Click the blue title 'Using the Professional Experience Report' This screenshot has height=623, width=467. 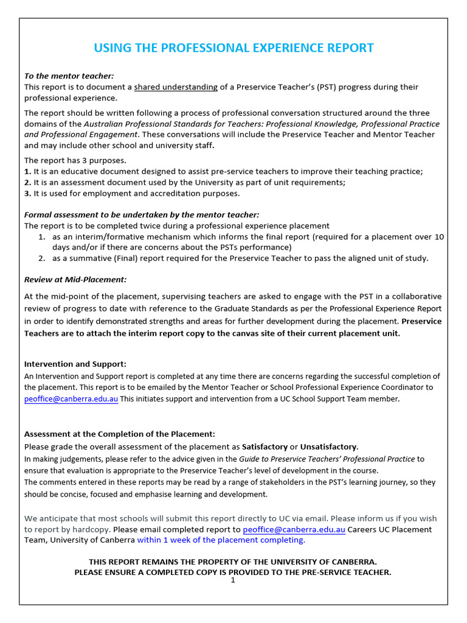point(233,48)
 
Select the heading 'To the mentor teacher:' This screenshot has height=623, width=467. point(69,76)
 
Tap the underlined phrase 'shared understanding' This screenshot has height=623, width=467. point(176,87)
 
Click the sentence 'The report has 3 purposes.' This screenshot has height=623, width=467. point(75,161)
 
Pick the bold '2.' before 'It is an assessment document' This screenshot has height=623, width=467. point(27,183)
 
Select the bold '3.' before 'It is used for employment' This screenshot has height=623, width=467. point(27,193)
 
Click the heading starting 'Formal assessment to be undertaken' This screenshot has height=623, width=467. point(142,214)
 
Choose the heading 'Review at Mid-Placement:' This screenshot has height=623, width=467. point(75,280)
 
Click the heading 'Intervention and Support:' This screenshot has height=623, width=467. point(75,364)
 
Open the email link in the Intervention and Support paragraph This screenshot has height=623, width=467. point(71,399)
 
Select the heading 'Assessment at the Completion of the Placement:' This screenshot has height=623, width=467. point(119,434)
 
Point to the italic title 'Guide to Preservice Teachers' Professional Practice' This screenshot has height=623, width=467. point(327,459)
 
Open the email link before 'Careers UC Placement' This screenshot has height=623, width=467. point(294,529)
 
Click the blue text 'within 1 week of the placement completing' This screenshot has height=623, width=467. point(221,540)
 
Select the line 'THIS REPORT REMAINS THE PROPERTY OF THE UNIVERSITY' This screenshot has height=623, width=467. point(233,562)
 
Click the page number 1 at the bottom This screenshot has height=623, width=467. point(233,580)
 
